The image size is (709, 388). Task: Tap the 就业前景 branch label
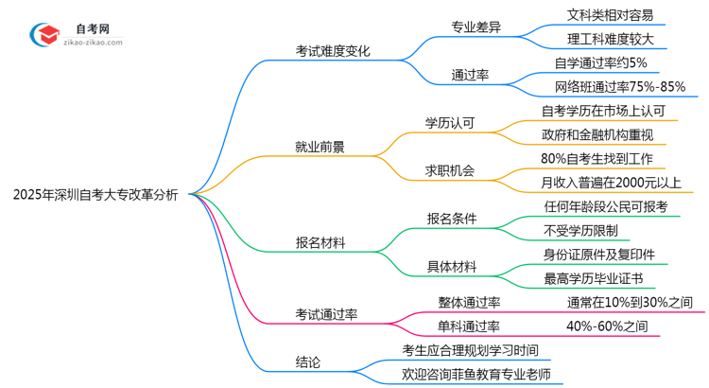(320, 147)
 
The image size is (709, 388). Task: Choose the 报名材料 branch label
(320, 243)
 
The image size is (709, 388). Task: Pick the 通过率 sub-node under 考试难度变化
(470, 75)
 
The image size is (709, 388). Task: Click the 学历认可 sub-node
(450, 123)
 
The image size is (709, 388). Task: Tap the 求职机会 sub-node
(450, 171)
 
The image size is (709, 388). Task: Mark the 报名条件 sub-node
(451, 219)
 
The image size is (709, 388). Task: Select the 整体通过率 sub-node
(469, 303)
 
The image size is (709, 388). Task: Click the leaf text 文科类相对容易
(609, 15)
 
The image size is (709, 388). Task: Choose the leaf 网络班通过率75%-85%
(620, 87)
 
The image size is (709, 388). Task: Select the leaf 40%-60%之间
(607, 326)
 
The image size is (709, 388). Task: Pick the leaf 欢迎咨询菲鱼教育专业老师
(476, 375)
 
